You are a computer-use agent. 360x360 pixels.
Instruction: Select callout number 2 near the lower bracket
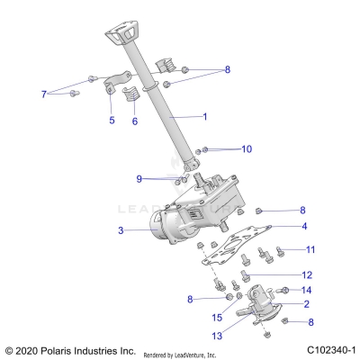(x=307, y=304)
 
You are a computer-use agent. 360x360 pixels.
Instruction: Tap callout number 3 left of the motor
(x=120, y=231)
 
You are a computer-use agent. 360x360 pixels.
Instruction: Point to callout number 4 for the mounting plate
(x=304, y=226)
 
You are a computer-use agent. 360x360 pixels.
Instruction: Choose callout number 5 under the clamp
(x=112, y=120)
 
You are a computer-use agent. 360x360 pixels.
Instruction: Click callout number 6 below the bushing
(x=135, y=121)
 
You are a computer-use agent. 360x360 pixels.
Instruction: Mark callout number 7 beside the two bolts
(x=42, y=94)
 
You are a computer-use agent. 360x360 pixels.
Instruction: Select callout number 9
(x=139, y=179)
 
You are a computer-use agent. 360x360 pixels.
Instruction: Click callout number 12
(x=307, y=274)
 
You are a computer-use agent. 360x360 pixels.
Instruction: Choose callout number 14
(x=307, y=290)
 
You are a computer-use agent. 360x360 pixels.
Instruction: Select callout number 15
(x=217, y=318)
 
